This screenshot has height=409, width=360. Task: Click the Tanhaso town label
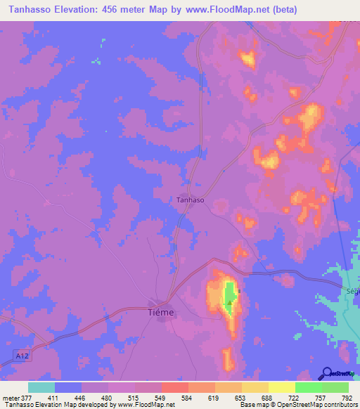(190, 200)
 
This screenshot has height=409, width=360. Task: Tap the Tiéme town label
(162, 312)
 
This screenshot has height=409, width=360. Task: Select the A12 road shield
(24, 357)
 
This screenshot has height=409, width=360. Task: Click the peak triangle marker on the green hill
(229, 304)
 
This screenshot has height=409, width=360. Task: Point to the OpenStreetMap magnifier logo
(326, 372)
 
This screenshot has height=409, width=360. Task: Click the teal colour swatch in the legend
(41, 387)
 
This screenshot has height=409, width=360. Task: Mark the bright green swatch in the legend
(309, 387)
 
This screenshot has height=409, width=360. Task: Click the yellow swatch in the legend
(282, 387)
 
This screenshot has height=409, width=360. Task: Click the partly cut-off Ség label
(352, 290)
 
